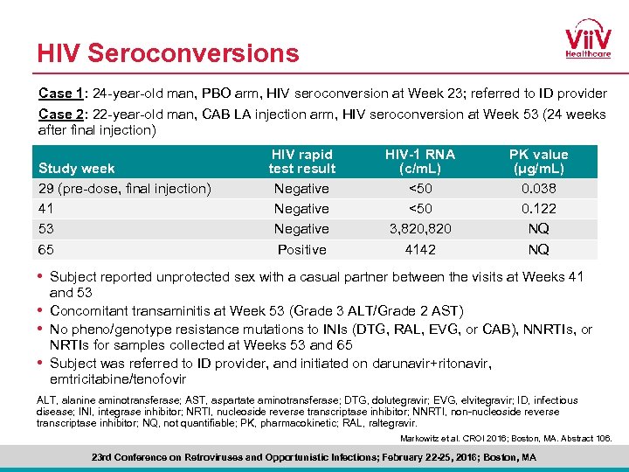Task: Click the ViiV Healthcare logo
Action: coord(586,41)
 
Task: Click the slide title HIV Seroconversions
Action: coord(168,53)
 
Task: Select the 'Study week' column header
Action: coord(77,168)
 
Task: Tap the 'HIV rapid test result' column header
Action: coord(301,162)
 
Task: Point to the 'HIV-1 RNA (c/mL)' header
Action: coord(420,162)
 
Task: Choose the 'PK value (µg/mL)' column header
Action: coord(538,162)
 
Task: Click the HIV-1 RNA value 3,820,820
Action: coord(420,229)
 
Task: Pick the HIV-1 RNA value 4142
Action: coord(420,250)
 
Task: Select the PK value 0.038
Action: coord(538,189)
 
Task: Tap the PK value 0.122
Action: coord(538,209)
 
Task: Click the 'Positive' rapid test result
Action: coord(301,250)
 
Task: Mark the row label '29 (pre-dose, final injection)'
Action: coord(125,189)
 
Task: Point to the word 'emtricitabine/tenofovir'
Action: coord(118,379)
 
